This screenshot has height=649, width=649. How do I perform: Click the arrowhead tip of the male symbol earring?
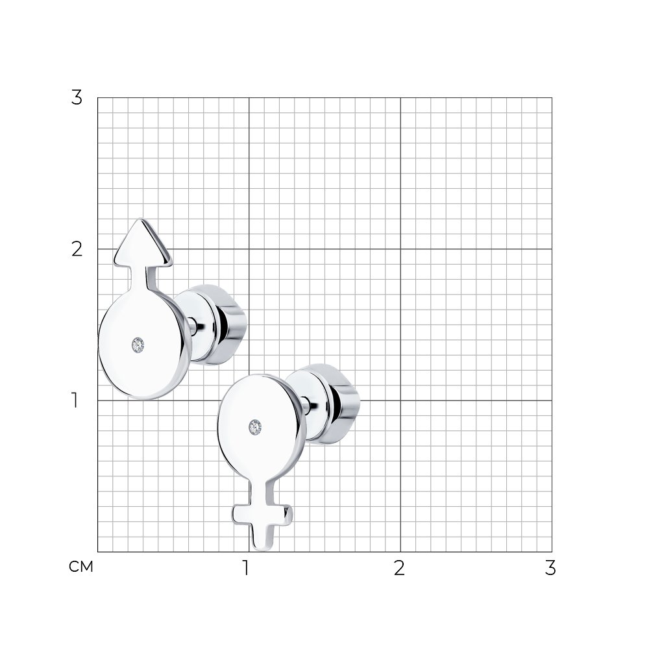[141, 219]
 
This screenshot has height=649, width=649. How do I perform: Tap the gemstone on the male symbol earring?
[138, 345]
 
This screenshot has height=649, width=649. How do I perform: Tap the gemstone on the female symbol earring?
[255, 427]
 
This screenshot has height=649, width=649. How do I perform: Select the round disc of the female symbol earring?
[262, 426]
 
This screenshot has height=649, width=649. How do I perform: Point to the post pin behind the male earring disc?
[191, 325]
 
